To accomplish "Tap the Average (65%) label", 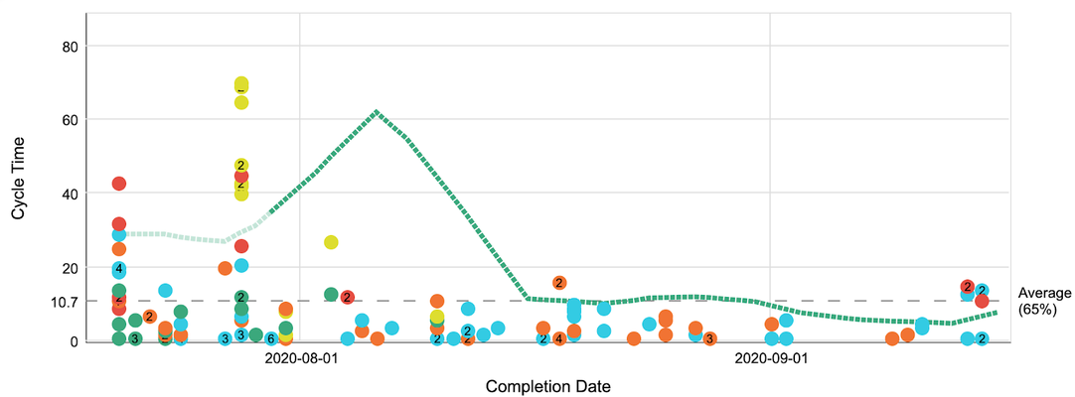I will click(1045, 301).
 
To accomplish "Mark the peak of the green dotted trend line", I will click(376, 111).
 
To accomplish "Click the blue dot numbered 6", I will click(270, 339).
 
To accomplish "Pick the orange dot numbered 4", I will click(559, 339).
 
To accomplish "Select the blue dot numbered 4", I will click(119, 269).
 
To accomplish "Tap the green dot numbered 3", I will click(135, 339).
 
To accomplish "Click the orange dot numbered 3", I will click(709, 339).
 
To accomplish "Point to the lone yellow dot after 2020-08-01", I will click(331, 242).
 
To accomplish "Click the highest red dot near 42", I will click(119, 183).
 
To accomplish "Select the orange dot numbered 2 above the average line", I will click(559, 283).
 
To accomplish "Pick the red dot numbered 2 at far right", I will click(968, 287).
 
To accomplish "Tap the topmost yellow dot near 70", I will click(241, 84).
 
